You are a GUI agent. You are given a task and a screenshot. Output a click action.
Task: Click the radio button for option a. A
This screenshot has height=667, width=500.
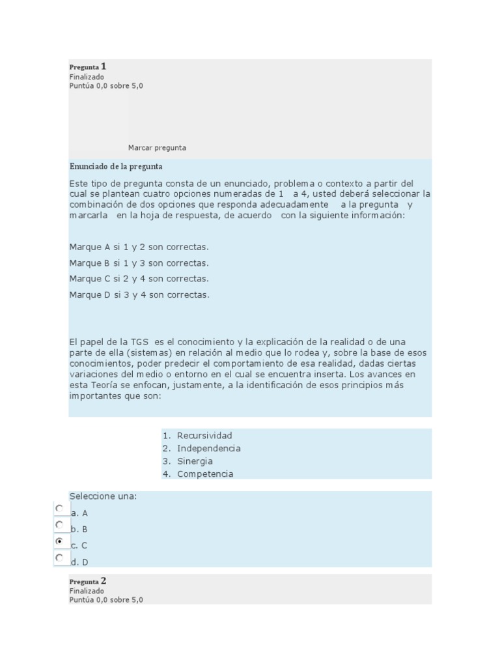pyautogui.click(x=60, y=508)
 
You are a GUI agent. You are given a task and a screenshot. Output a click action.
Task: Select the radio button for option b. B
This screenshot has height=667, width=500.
pyautogui.click(x=60, y=524)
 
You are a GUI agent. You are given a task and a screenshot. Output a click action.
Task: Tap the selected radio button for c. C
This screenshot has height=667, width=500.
pyautogui.click(x=60, y=541)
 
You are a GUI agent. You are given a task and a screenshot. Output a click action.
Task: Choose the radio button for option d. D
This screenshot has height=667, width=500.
pyautogui.click(x=60, y=558)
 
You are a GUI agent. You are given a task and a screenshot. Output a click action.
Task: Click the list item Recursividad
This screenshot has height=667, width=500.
pyautogui.click(x=204, y=436)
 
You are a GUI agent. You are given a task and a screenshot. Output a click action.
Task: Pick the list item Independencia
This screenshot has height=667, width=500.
pyautogui.click(x=208, y=448)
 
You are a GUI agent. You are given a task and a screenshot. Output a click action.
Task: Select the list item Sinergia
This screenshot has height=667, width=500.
pyautogui.click(x=195, y=461)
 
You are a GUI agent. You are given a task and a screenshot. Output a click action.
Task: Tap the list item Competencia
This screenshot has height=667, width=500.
pyautogui.click(x=205, y=474)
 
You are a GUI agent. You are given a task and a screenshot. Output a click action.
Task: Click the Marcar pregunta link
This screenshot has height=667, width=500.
pyautogui.click(x=157, y=148)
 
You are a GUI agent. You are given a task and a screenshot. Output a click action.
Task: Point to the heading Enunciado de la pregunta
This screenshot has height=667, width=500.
pyautogui.click(x=116, y=167)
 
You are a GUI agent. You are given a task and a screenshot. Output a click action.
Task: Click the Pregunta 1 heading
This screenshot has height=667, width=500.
pyautogui.click(x=88, y=66)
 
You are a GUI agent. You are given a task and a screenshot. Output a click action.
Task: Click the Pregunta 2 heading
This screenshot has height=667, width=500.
pyautogui.click(x=88, y=581)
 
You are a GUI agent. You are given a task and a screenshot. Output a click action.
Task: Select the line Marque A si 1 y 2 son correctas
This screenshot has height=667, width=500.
pyautogui.click(x=139, y=248)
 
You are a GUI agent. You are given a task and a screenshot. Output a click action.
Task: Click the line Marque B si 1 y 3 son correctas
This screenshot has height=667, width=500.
pyautogui.click(x=139, y=263)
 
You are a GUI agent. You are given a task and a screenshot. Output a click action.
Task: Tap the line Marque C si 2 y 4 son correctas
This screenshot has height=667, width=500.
pyautogui.click(x=139, y=279)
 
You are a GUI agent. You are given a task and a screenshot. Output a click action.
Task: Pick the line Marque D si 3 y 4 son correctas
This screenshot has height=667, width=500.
pyautogui.click(x=139, y=294)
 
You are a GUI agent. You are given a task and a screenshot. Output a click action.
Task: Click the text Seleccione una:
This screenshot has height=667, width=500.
pyautogui.click(x=103, y=496)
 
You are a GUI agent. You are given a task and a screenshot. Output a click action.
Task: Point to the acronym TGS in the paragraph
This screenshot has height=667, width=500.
pyautogui.click(x=139, y=342)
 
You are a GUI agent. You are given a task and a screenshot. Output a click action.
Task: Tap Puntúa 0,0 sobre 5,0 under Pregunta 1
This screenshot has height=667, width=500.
pyautogui.click(x=106, y=86)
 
